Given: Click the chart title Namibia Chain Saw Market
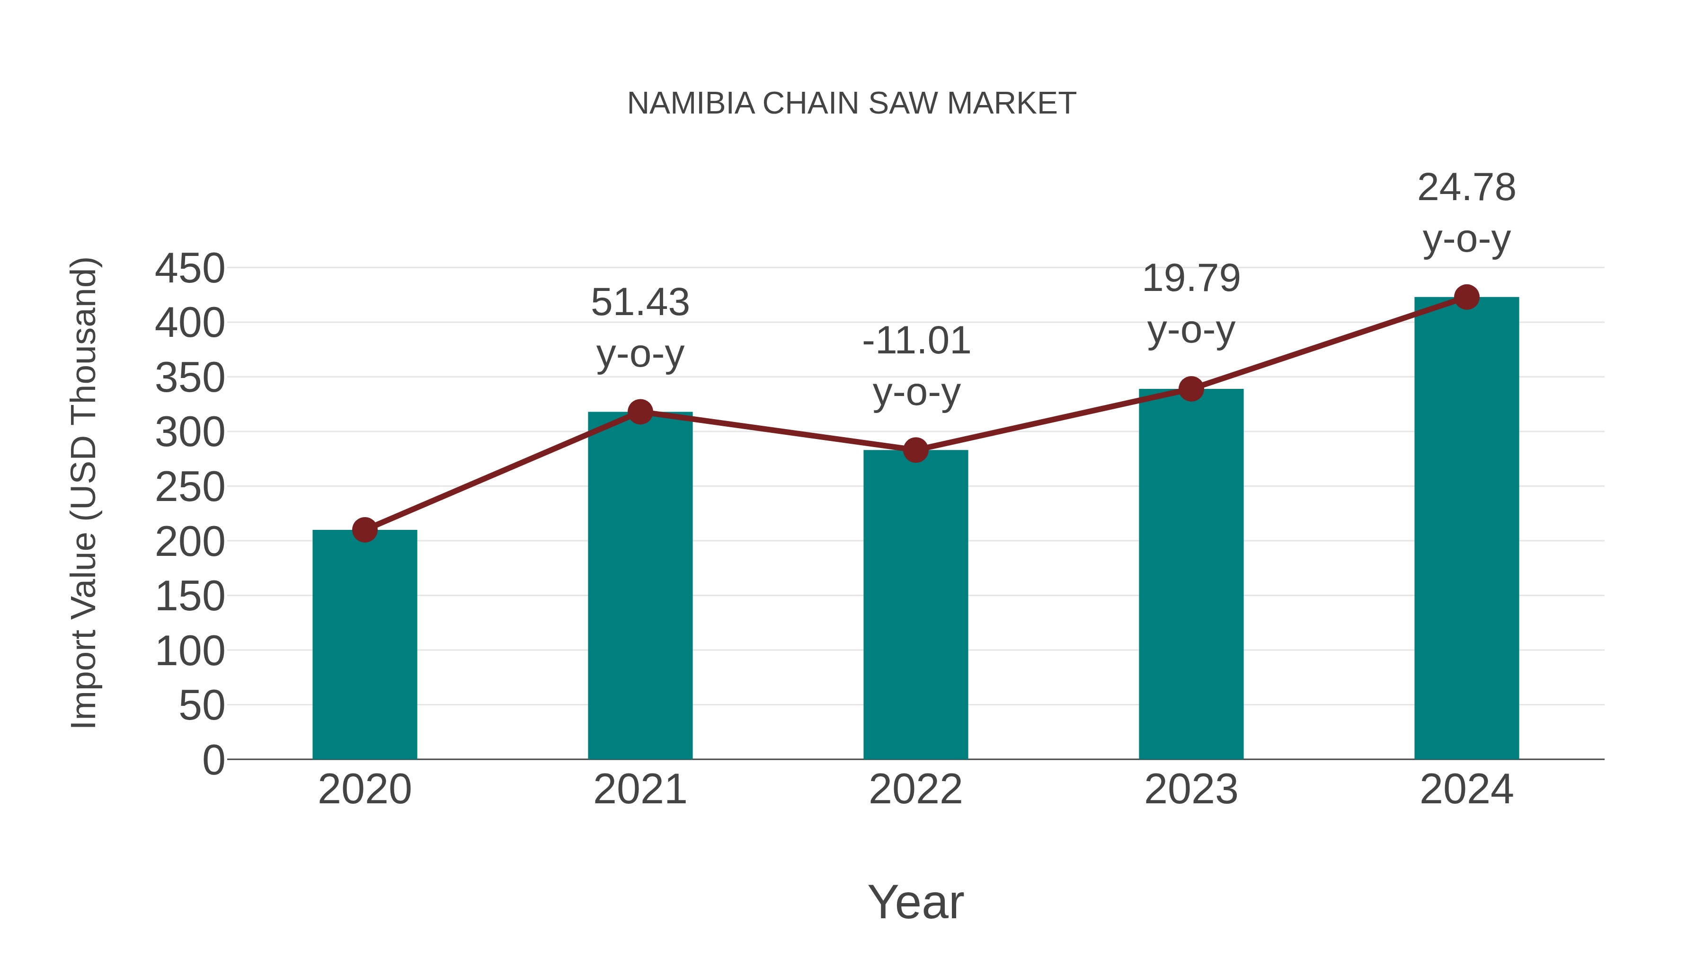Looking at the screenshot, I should [852, 104].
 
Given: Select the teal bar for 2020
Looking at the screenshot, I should [364, 645].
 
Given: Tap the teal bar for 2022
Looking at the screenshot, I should [915, 605].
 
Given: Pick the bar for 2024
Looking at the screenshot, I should [1466, 529].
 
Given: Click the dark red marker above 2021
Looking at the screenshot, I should [639, 412].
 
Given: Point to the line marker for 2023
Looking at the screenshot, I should [1191, 389].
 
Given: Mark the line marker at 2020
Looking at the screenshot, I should [364, 529].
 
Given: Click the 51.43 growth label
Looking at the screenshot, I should [639, 303].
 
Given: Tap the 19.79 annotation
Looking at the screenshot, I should [1191, 278].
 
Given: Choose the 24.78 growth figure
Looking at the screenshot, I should [1466, 188].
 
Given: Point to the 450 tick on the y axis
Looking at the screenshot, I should [190, 269].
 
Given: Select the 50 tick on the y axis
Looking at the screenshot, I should [202, 706].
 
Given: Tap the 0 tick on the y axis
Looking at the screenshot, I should [213, 760].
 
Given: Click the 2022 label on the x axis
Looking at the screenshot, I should [915, 790].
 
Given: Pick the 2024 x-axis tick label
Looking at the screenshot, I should [1466, 790].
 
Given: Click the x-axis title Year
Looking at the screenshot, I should [915, 903].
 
